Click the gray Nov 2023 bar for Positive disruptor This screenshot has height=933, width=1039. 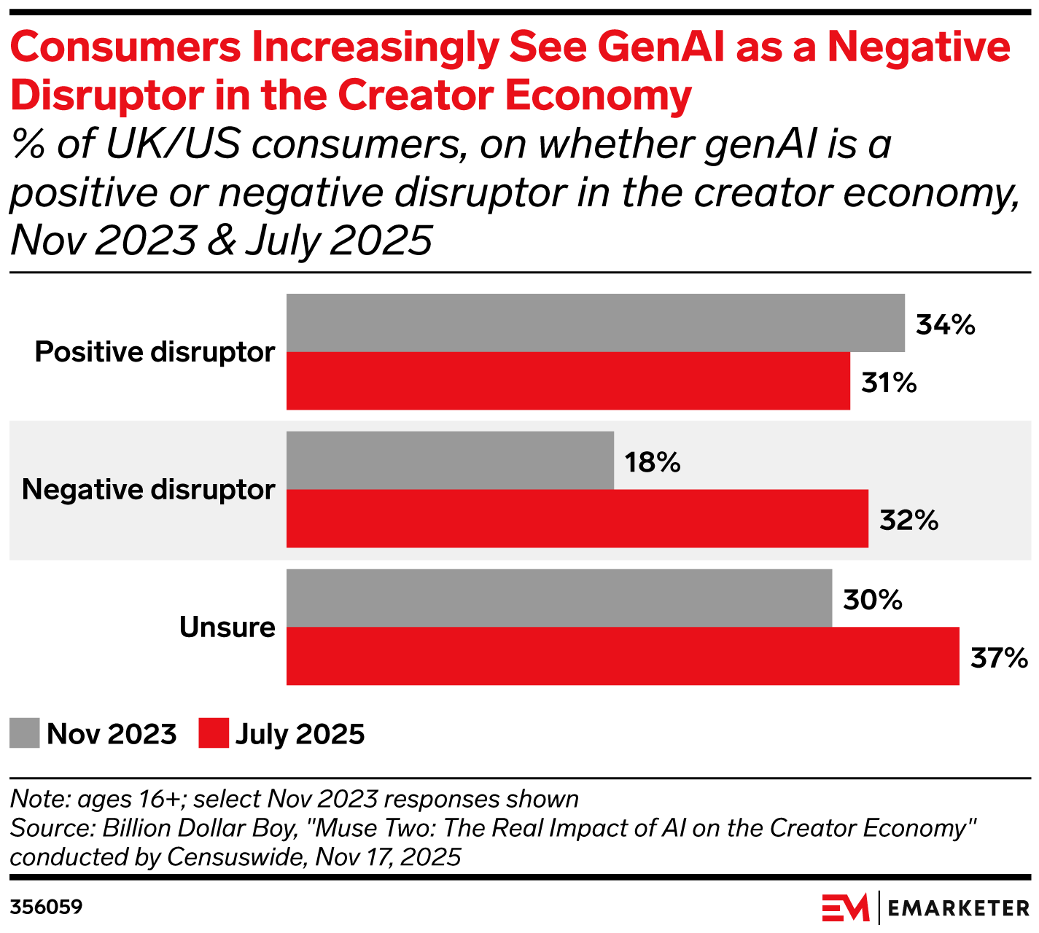tap(595, 323)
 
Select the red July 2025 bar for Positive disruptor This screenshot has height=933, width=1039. tap(568, 381)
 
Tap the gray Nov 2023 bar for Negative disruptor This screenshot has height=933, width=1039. tap(450, 460)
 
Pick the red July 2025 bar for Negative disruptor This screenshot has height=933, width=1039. tap(577, 518)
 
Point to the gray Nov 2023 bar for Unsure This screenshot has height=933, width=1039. tap(559, 598)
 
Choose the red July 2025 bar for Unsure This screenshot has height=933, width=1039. tap(622, 656)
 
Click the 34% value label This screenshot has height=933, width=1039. tap(946, 325)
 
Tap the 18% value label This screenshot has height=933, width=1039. tap(652, 462)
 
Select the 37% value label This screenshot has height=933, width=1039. tap(999, 658)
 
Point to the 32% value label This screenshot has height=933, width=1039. tap(908, 520)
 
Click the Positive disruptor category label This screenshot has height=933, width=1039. tap(155, 352)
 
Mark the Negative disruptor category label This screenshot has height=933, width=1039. tap(149, 489)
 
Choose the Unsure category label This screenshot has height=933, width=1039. tap(227, 627)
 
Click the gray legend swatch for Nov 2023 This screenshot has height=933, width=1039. tap(25, 733)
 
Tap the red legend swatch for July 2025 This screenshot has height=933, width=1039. tap(214, 733)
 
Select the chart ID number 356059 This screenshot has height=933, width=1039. tap(46, 907)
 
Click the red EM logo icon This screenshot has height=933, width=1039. tap(846, 908)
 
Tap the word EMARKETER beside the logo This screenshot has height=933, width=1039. tap(959, 908)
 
